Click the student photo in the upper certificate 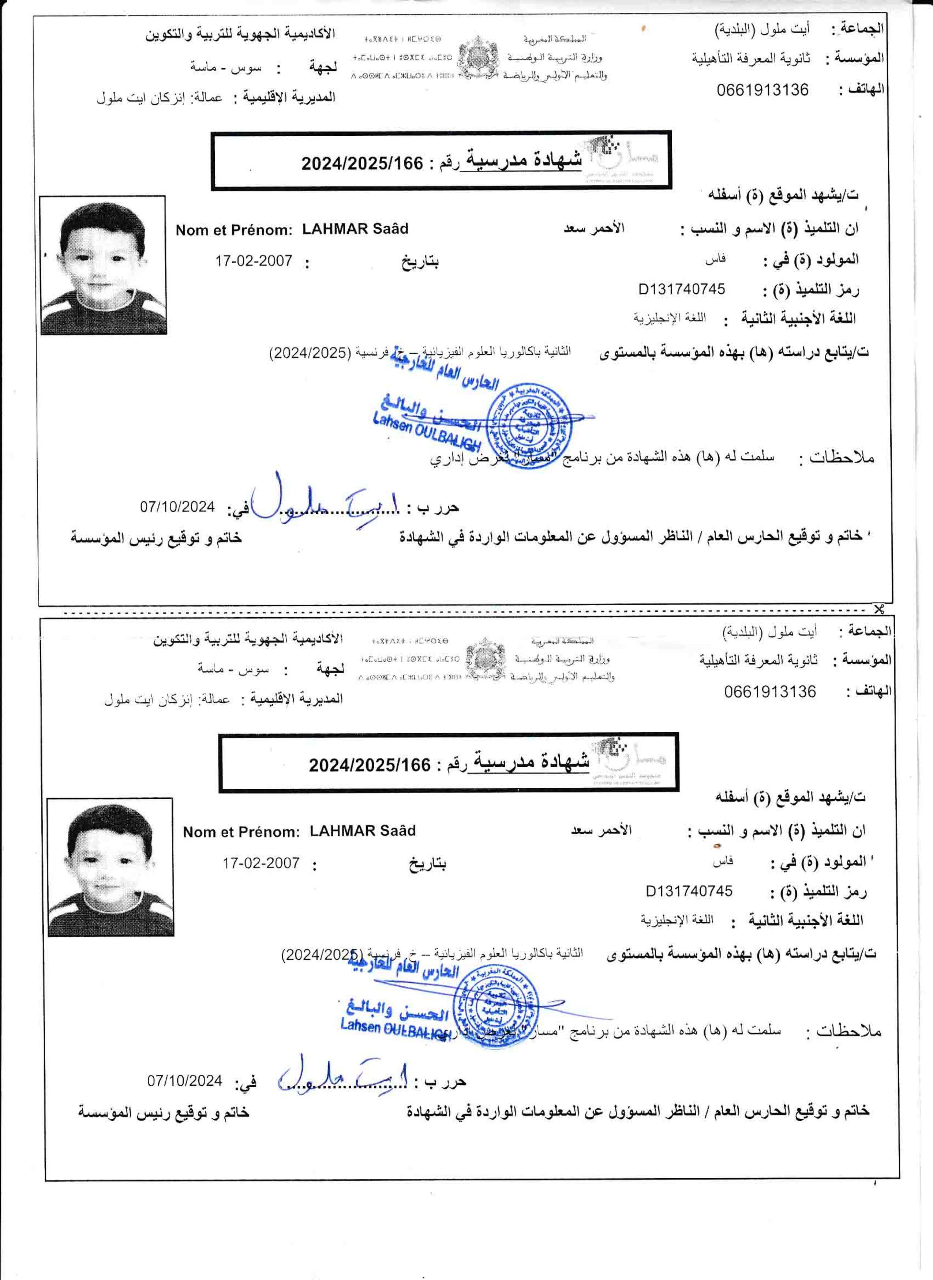(x=103, y=265)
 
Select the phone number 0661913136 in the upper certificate (x=762, y=90)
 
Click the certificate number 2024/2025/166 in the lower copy (x=370, y=765)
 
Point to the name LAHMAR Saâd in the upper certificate (x=355, y=229)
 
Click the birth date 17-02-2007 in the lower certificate (x=261, y=863)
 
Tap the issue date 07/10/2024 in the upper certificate (x=177, y=506)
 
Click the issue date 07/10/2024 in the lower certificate (x=185, y=1081)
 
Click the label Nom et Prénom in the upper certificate (x=234, y=230)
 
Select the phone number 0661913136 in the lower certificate (x=770, y=691)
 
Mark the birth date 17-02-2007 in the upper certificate (x=254, y=261)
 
